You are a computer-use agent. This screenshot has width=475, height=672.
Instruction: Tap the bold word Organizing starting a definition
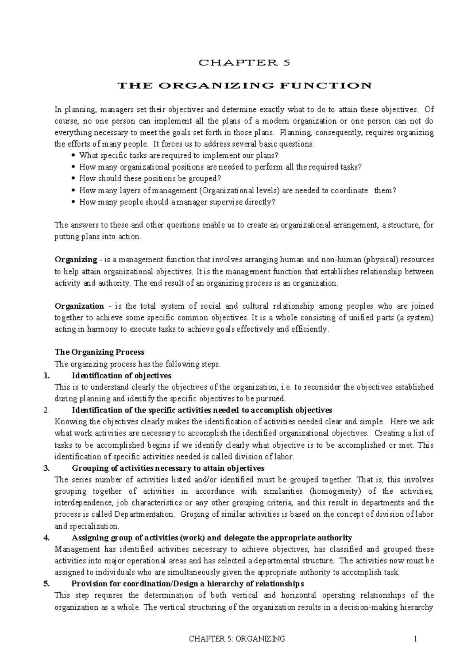[x=76, y=260]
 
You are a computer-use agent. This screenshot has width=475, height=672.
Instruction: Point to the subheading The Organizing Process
[x=99, y=352]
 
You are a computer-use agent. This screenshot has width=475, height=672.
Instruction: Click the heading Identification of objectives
[x=121, y=376]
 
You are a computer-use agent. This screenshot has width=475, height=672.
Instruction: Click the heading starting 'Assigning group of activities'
[x=211, y=538]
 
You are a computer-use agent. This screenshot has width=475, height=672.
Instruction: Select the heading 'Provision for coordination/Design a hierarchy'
[x=187, y=584]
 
